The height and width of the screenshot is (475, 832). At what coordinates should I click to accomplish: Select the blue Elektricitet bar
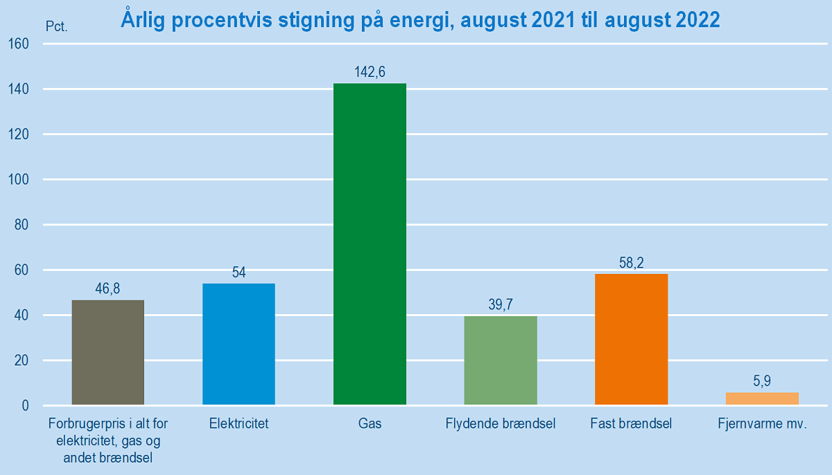[239, 344]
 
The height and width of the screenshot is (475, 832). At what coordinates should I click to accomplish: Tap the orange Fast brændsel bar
[631, 339]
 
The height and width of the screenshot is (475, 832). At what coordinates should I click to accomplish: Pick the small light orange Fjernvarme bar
[762, 399]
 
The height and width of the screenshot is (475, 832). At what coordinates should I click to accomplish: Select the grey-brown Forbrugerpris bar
[107, 352]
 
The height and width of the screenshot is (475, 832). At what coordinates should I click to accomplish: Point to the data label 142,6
[370, 71]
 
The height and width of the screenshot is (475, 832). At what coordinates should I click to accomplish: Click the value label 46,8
[107, 288]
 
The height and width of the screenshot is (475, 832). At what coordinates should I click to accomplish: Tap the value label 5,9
[762, 381]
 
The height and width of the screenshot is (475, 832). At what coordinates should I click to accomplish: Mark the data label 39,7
[501, 304]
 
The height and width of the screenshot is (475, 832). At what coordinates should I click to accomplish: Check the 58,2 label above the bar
[631, 263]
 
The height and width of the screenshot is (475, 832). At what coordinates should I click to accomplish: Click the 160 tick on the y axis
[19, 44]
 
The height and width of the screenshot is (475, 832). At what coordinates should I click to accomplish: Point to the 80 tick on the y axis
[21, 225]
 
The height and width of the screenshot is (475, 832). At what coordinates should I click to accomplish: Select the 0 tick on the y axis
[25, 406]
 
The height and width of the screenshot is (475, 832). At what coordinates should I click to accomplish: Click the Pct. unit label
[57, 27]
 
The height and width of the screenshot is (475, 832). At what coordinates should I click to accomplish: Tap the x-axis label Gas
[370, 423]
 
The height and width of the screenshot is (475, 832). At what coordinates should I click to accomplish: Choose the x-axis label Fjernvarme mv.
[763, 423]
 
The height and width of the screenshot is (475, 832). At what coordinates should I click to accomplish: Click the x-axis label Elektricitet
[239, 423]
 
